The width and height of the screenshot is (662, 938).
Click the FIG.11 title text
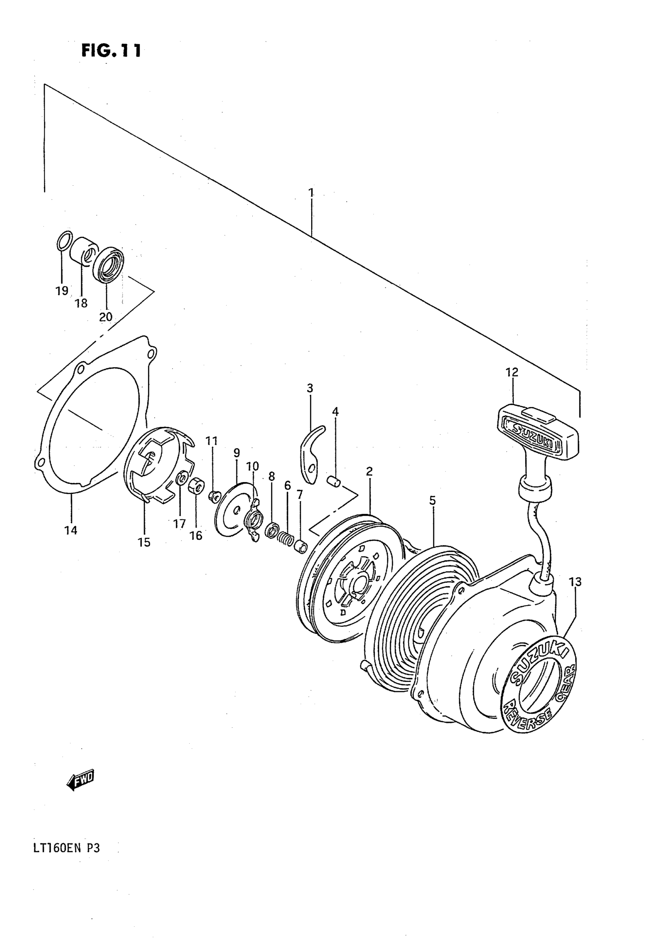point(111,51)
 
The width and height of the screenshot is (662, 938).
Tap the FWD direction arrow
point(81,781)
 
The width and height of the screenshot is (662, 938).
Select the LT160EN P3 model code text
point(66,848)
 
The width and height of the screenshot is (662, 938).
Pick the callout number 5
point(432,501)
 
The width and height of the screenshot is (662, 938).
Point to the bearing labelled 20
point(108,264)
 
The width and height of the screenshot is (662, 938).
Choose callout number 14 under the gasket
point(71,531)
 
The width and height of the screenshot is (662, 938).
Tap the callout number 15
point(144,542)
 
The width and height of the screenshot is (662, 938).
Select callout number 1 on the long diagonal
point(311,192)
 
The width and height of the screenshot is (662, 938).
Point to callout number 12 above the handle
point(512,372)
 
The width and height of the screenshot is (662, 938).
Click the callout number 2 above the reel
point(370,472)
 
